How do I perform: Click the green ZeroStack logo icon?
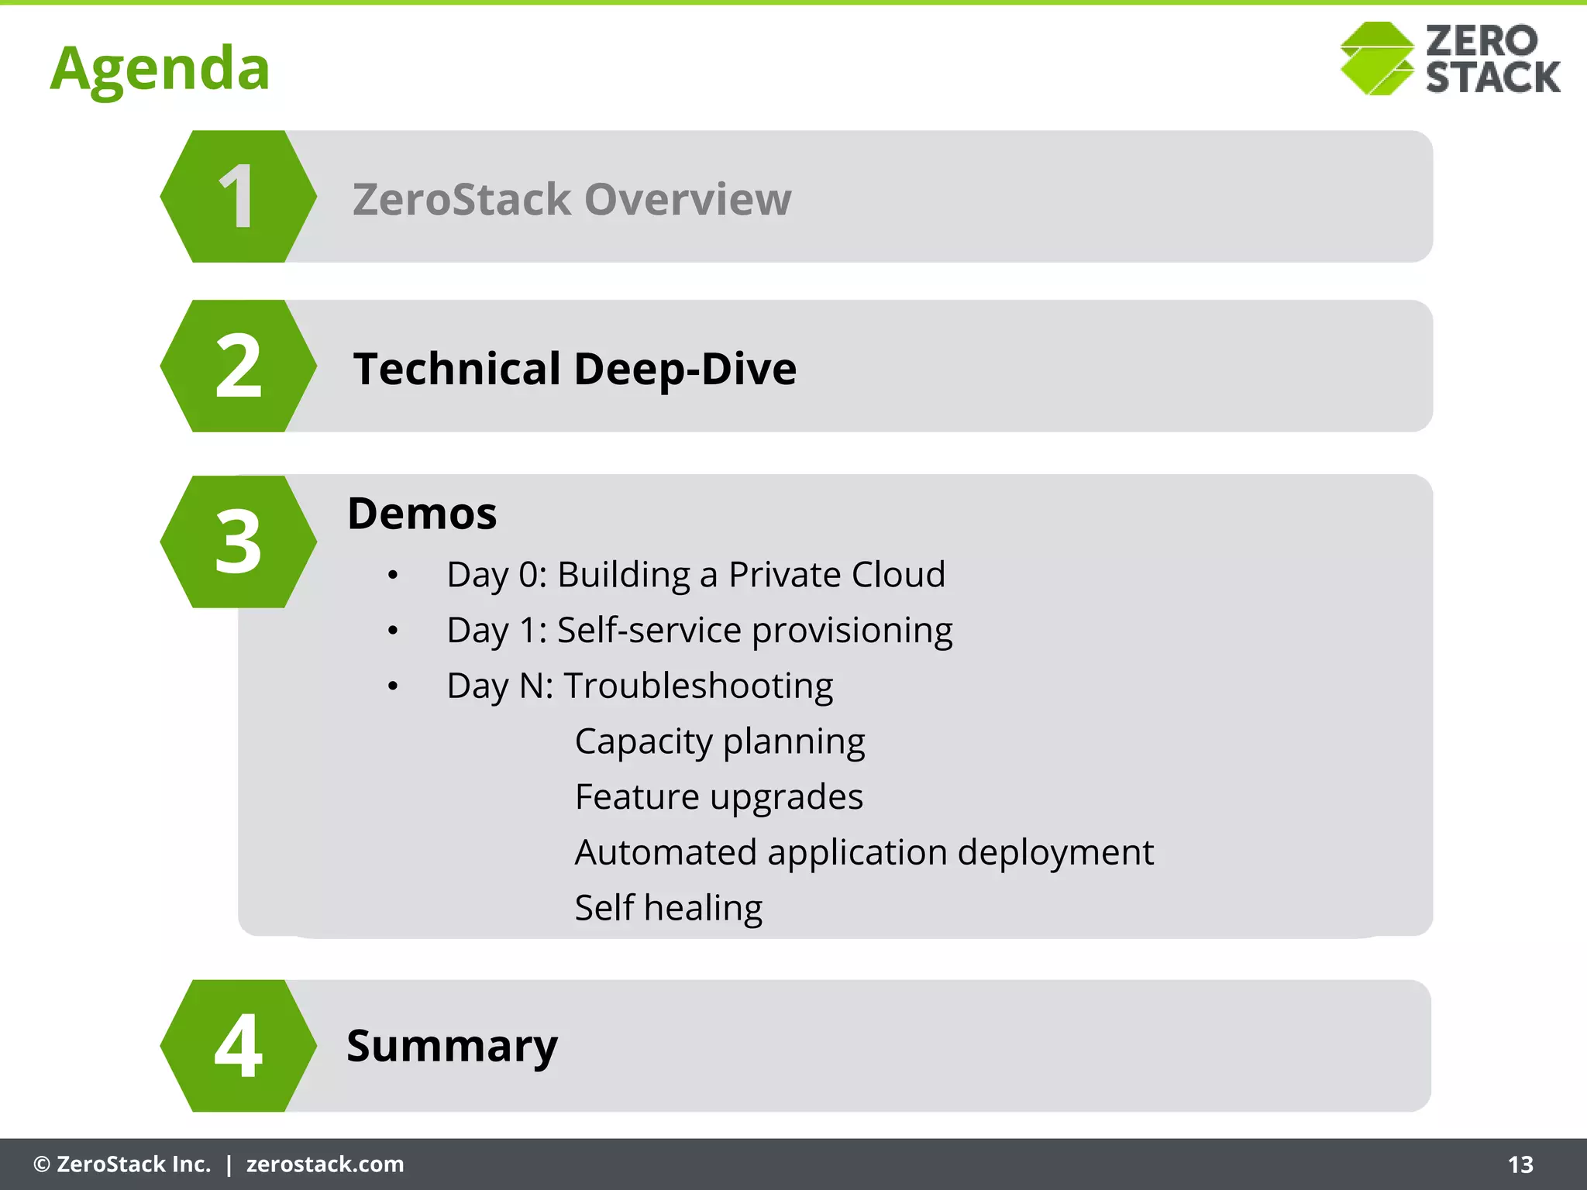(1377, 59)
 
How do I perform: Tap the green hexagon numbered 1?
(238, 197)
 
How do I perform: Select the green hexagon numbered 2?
(238, 366)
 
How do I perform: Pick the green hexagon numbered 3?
(238, 542)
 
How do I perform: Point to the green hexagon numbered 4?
(238, 1046)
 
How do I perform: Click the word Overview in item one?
(687, 199)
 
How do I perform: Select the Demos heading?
(422, 514)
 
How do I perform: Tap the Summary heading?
(452, 1046)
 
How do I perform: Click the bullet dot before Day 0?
(393, 576)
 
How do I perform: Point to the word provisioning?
(852, 631)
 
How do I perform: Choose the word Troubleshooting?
(697, 686)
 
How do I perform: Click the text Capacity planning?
(719, 742)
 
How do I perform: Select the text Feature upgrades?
(718, 797)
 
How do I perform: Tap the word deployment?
(1055, 853)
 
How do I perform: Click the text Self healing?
(668, 908)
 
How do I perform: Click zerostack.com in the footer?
(325, 1164)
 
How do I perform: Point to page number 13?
(1520, 1164)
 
